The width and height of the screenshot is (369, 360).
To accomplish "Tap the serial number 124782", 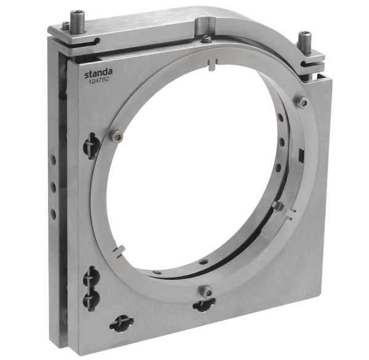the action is [x=98, y=79].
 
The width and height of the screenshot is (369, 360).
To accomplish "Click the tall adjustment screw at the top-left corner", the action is [x=75, y=21].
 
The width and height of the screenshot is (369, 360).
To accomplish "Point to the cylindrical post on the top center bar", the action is [x=206, y=26].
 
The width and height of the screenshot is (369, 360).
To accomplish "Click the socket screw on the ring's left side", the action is [x=116, y=136].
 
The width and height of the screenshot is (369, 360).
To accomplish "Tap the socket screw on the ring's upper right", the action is [x=303, y=102].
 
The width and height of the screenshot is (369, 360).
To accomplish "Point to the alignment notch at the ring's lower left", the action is [x=119, y=250].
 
